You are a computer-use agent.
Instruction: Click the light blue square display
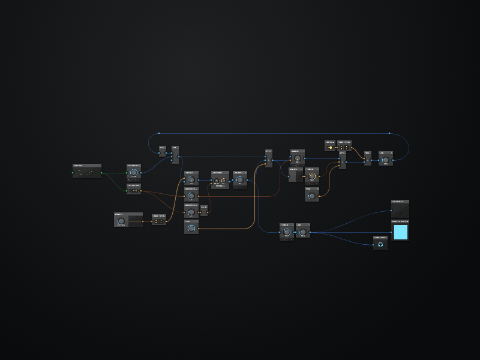(400, 232)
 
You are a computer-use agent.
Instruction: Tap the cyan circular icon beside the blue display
(380, 245)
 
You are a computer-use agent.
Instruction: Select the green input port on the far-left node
(73, 173)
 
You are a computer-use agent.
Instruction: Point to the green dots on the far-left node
(87, 173)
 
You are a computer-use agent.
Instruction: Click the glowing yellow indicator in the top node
(330, 147)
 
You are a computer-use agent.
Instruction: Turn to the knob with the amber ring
(311, 176)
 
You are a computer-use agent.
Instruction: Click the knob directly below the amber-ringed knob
(311, 196)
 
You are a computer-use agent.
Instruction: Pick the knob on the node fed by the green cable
(133, 172)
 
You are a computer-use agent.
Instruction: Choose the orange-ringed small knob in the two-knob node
(223, 180)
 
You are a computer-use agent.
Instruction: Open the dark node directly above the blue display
(400, 209)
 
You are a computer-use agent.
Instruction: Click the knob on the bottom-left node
(121, 221)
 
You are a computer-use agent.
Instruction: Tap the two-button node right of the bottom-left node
(159, 221)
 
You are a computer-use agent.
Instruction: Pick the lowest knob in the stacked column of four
(191, 229)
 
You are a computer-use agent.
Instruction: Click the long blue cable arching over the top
(270, 133)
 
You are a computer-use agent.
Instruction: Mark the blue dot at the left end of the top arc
(159, 133)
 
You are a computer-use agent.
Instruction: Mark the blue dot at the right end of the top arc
(389, 133)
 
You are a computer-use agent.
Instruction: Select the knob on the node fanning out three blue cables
(304, 232)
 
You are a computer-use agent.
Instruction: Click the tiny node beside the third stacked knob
(204, 211)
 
